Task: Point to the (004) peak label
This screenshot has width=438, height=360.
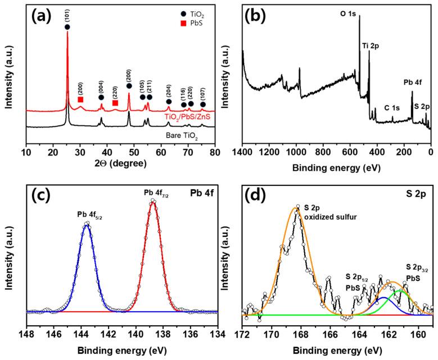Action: click(x=101, y=88)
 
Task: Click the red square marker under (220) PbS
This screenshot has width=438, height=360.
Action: click(x=115, y=103)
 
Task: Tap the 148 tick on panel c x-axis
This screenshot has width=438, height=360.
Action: click(x=27, y=333)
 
